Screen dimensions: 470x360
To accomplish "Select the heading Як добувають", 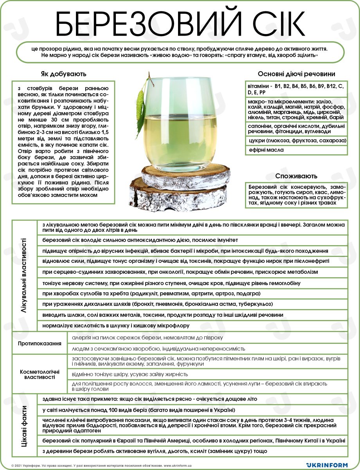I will (63, 74).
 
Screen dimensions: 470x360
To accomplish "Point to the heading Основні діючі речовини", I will (296, 74).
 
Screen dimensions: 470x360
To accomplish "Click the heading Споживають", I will (296, 176).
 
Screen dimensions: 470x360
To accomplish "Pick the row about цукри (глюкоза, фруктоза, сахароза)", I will (297, 140).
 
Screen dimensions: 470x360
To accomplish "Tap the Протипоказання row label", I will (40, 343).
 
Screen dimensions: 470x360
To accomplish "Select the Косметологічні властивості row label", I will (40, 374).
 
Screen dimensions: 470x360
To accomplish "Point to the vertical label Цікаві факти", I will (24, 425).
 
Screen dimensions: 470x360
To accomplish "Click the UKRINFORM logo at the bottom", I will (327, 465).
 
